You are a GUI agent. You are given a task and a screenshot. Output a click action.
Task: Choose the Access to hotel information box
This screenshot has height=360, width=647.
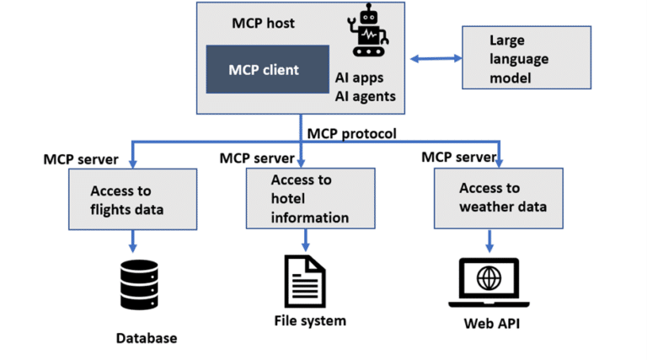310,199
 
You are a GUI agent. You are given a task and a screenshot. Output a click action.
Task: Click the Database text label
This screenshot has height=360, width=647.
147,338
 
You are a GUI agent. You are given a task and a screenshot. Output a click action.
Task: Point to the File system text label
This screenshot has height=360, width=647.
310,320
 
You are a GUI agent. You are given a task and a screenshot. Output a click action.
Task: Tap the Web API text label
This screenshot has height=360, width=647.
492,323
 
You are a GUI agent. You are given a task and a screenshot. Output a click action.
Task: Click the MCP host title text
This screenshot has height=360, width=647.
263,23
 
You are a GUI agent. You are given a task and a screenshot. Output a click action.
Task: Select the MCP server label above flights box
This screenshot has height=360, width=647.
81,159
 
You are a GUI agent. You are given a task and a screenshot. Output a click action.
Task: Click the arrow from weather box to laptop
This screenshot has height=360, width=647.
491,241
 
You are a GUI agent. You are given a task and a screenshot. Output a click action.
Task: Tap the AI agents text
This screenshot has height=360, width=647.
365,96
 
